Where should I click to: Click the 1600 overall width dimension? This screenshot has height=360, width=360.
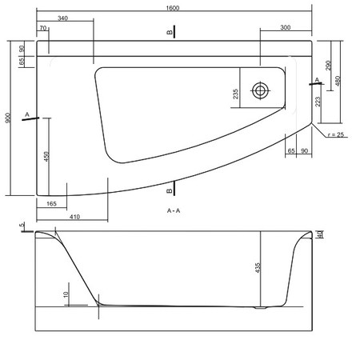[173, 8]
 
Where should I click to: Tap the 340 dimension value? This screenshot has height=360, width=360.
[62, 18]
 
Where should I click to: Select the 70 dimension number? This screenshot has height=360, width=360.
[43, 28]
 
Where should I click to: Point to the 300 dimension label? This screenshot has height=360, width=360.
[285, 27]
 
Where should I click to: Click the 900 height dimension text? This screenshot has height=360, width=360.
[8, 118]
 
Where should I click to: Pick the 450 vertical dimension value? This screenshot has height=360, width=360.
[46, 157]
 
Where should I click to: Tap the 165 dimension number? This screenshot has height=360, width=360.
[51, 204]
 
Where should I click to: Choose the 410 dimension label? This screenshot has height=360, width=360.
[74, 217]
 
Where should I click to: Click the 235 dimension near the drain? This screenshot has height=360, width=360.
[235, 94]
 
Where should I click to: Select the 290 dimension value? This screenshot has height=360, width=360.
[328, 66]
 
